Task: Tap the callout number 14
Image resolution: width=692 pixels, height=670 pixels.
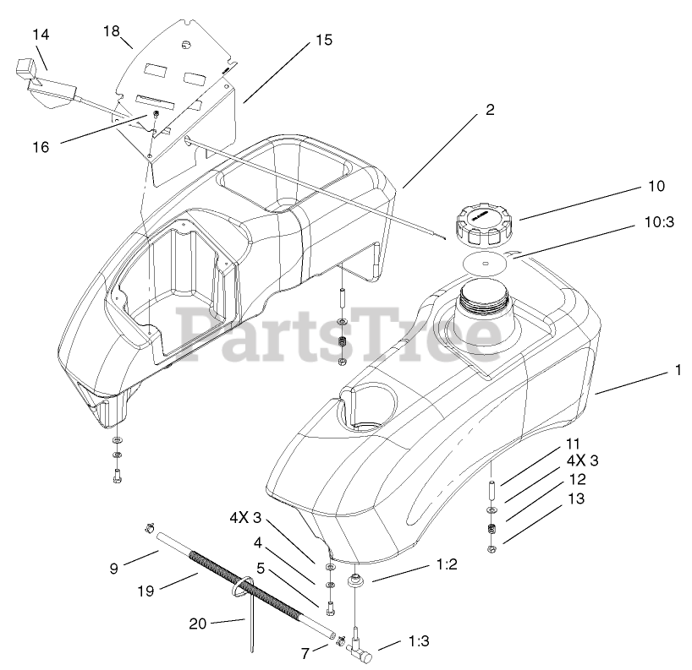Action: click(41, 35)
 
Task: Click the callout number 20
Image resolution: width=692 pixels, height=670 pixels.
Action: click(197, 624)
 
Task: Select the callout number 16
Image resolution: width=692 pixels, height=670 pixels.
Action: click(41, 146)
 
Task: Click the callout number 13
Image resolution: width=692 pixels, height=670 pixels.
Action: click(575, 498)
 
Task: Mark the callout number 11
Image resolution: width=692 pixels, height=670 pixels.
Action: click(574, 443)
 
